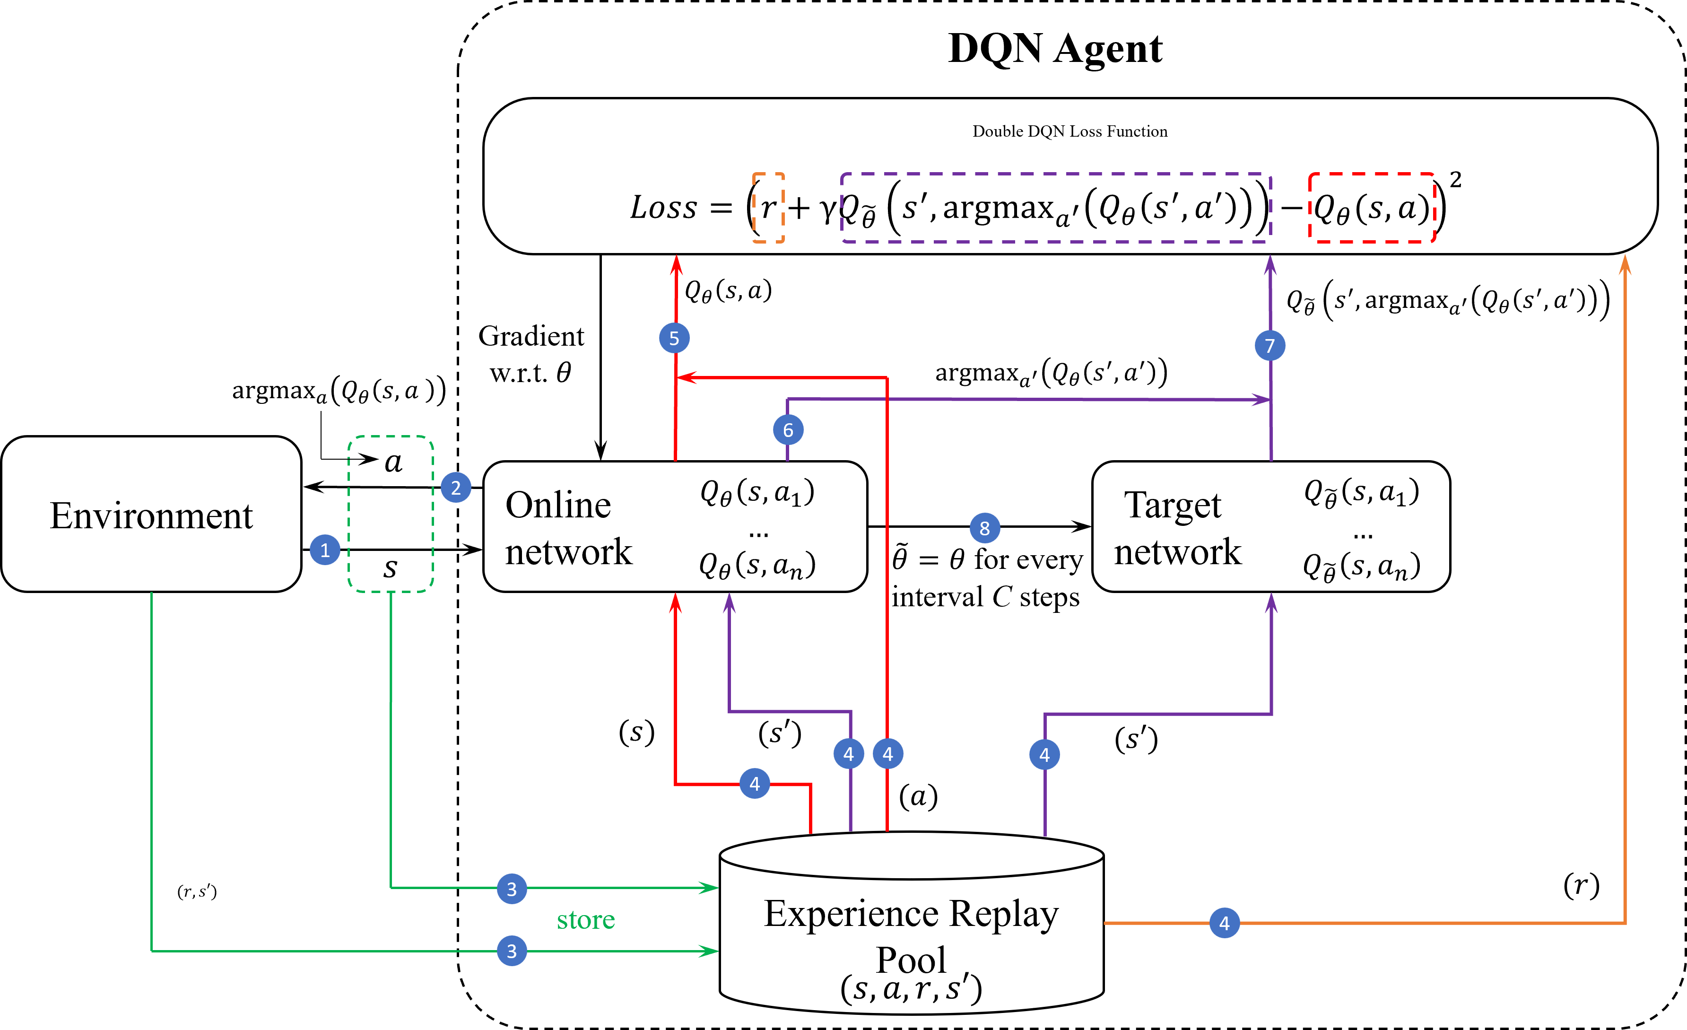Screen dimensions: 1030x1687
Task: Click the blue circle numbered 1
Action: click(x=325, y=550)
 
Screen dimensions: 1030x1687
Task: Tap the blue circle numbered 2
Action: click(x=456, y=488)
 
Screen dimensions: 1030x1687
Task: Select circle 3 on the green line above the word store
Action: click(x=512, y=889)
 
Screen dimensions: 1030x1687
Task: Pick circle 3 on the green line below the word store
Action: click(x=512, y=951)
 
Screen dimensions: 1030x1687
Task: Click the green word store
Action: click(x=586, y=920)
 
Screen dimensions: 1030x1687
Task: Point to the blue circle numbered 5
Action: click(x=674, y=338)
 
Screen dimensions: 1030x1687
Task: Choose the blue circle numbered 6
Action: click(x=788, y=430)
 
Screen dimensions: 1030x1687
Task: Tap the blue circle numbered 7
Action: click(x=1270, y=346)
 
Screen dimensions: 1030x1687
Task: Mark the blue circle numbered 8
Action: click(x=984, y=528)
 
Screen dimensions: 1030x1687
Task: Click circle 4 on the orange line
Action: click(x=1224, y=923)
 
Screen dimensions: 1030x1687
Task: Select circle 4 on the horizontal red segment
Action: click(x=755, y=784)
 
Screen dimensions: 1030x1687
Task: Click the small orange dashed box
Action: click(x=768, y=208)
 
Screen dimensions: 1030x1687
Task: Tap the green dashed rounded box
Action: click(x=391, y=514)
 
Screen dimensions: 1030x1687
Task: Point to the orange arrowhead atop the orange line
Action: click(x=1625, y=264)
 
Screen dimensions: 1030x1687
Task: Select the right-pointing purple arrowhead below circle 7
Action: click(x=1261, y=399)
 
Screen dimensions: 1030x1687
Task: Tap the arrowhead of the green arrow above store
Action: click(x=709, y=888)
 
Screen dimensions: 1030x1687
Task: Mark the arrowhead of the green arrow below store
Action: click(x=709, y=951)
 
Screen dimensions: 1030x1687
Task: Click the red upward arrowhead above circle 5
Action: click(x=677, y=264)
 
